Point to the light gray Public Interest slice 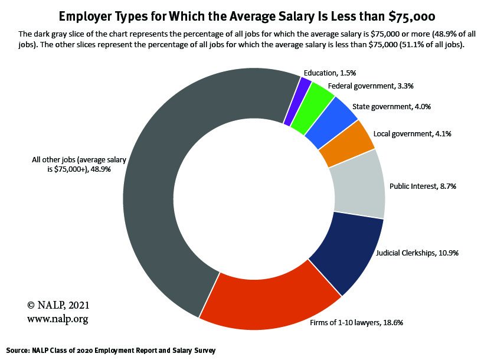coord(358,184)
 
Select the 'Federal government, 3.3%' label coord(371,86)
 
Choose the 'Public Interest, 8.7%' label coord(423,186)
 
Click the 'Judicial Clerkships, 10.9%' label coord(417,253)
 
